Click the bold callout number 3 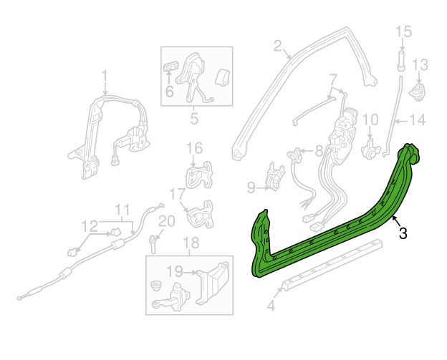tap(403, 233)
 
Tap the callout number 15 tap(404, 31)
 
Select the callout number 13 tap(420, 65)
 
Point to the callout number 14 tap(418, 120)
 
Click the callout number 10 tap(370, 120)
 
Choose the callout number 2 tap(278, 46)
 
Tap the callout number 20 tap(166, 221)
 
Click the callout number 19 tap(175, 271)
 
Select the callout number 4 tap(271, 306)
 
